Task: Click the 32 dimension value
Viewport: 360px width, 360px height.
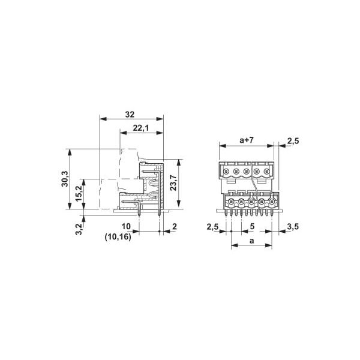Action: click(x=130, y=113)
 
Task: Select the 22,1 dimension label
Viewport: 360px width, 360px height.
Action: click(x=141, y=128)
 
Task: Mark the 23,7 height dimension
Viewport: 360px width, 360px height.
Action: click(x=173, y=183)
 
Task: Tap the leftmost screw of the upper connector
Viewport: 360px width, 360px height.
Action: click(x=226, y=172)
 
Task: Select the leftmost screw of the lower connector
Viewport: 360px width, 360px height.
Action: click(x=231, y=202)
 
